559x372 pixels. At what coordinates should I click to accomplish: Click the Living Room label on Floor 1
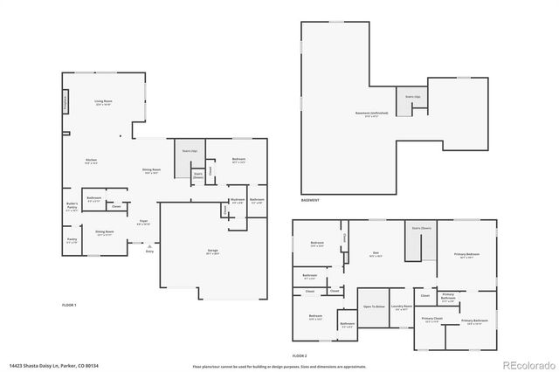pos(103,103)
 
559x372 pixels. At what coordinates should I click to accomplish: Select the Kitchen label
pos(90,161)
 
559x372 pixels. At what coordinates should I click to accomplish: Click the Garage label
pos(212,251)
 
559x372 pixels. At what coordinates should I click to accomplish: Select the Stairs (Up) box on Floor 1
pos(188,153)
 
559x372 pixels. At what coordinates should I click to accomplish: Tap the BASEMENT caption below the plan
pos(310,200)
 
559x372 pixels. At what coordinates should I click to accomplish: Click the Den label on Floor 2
pos(374,255)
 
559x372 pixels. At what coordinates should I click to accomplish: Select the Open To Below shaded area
pos(373,308)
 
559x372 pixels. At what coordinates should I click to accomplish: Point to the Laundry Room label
pos(401,307)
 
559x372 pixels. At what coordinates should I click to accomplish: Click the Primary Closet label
pos(432,320)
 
